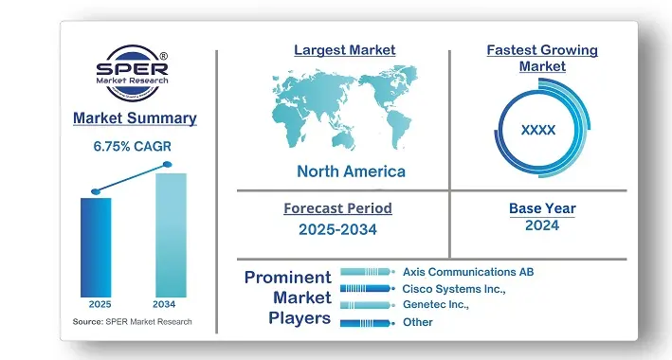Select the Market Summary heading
click(x=135, y=118)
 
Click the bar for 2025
click(x=96, y=246)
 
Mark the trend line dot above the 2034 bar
click(x=168, y=165)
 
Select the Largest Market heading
click(x=345, y=50)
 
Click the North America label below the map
click(x=351, y=171)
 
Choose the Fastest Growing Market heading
click(x=542, y=58)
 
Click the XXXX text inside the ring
click(x=538, y=130)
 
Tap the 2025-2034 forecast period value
click(x=337, y=228)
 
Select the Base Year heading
click(x=542, y=208)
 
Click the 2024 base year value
click(x=542, y=225)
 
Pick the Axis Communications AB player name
click(x=468, y=272)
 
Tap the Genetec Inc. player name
click(x=436, y=305)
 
